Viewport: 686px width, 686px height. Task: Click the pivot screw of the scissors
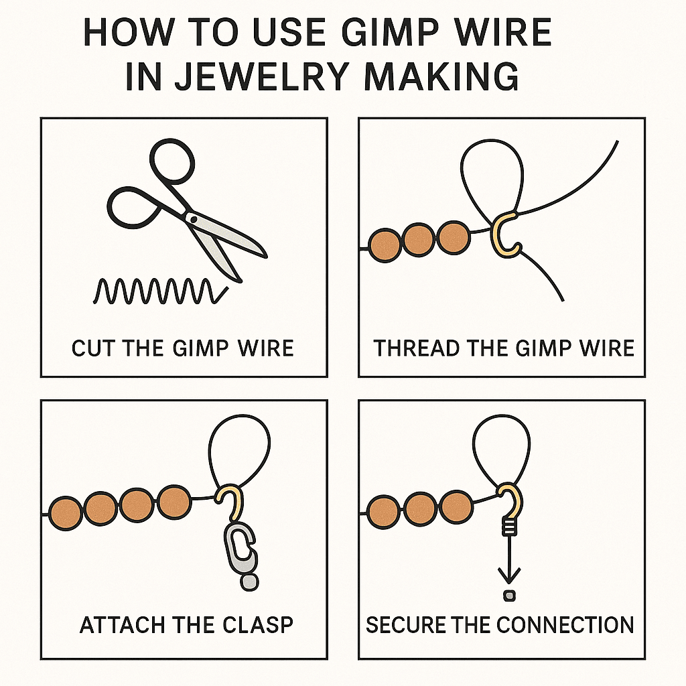193,218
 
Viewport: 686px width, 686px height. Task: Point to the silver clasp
239,548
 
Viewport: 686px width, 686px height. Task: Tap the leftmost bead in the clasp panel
66,514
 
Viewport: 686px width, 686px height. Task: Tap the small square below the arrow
510,595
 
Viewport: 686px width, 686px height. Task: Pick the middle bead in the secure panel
420,509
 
